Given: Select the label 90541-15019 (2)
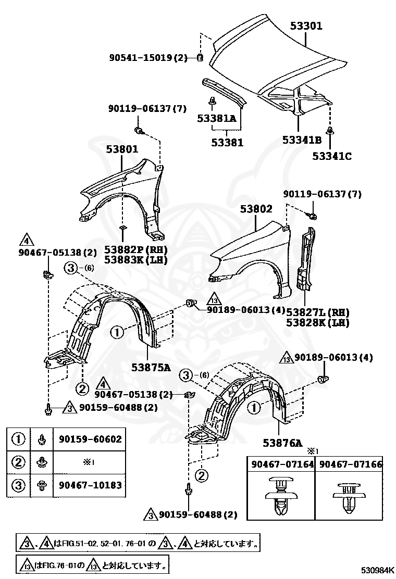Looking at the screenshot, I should (148, 58).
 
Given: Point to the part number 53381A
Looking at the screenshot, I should (217, 119).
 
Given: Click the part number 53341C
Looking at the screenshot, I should (332, 155).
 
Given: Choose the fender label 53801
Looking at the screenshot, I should (122, 149).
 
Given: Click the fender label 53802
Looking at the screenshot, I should (256, 209).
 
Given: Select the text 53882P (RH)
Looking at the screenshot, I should (135, 249).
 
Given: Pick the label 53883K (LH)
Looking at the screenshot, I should (135, 259).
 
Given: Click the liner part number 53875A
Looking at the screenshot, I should (151, 368).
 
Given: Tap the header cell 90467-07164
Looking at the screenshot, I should (282, 464).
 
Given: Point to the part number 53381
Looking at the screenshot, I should (228, 142).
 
